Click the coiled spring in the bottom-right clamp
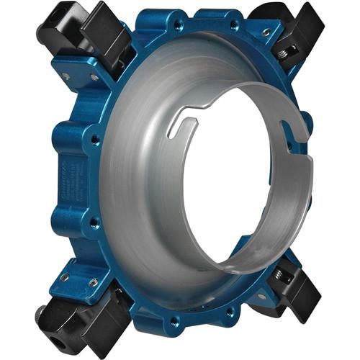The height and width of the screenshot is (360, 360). click(280, 276)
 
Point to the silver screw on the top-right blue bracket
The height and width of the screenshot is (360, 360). click(266, 32)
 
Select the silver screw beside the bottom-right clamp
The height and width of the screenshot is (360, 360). click(261, 296)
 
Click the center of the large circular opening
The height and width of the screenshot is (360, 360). click(234, 176)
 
